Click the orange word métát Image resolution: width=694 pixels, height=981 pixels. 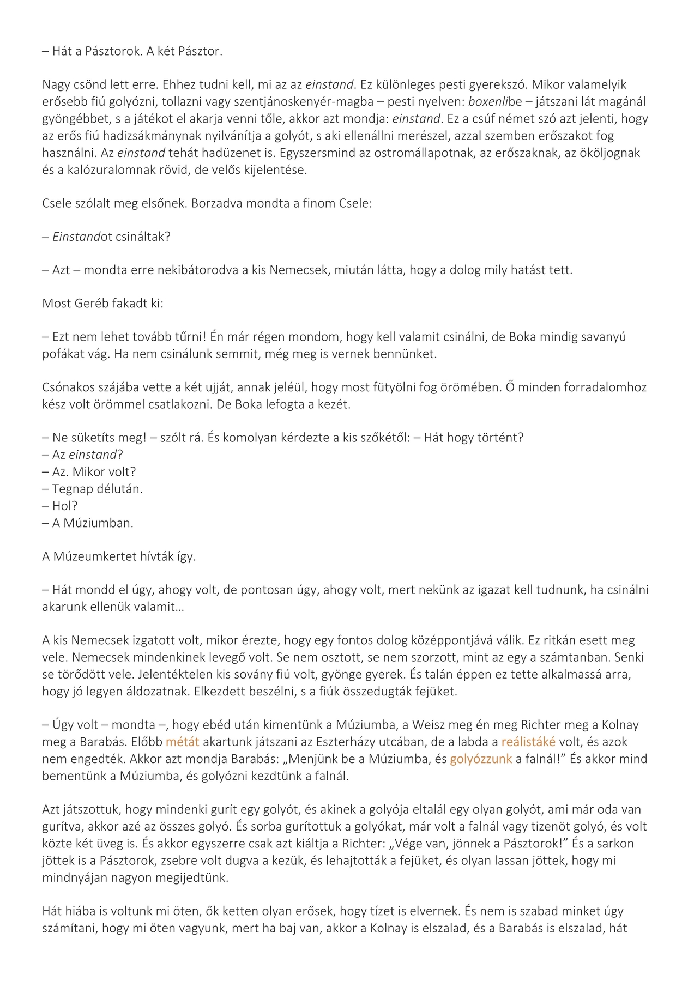click(x=182, y=742)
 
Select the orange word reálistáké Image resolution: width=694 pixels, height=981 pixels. click(x=528, y=742)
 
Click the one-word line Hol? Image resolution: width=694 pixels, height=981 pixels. click(x=64, y=506)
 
